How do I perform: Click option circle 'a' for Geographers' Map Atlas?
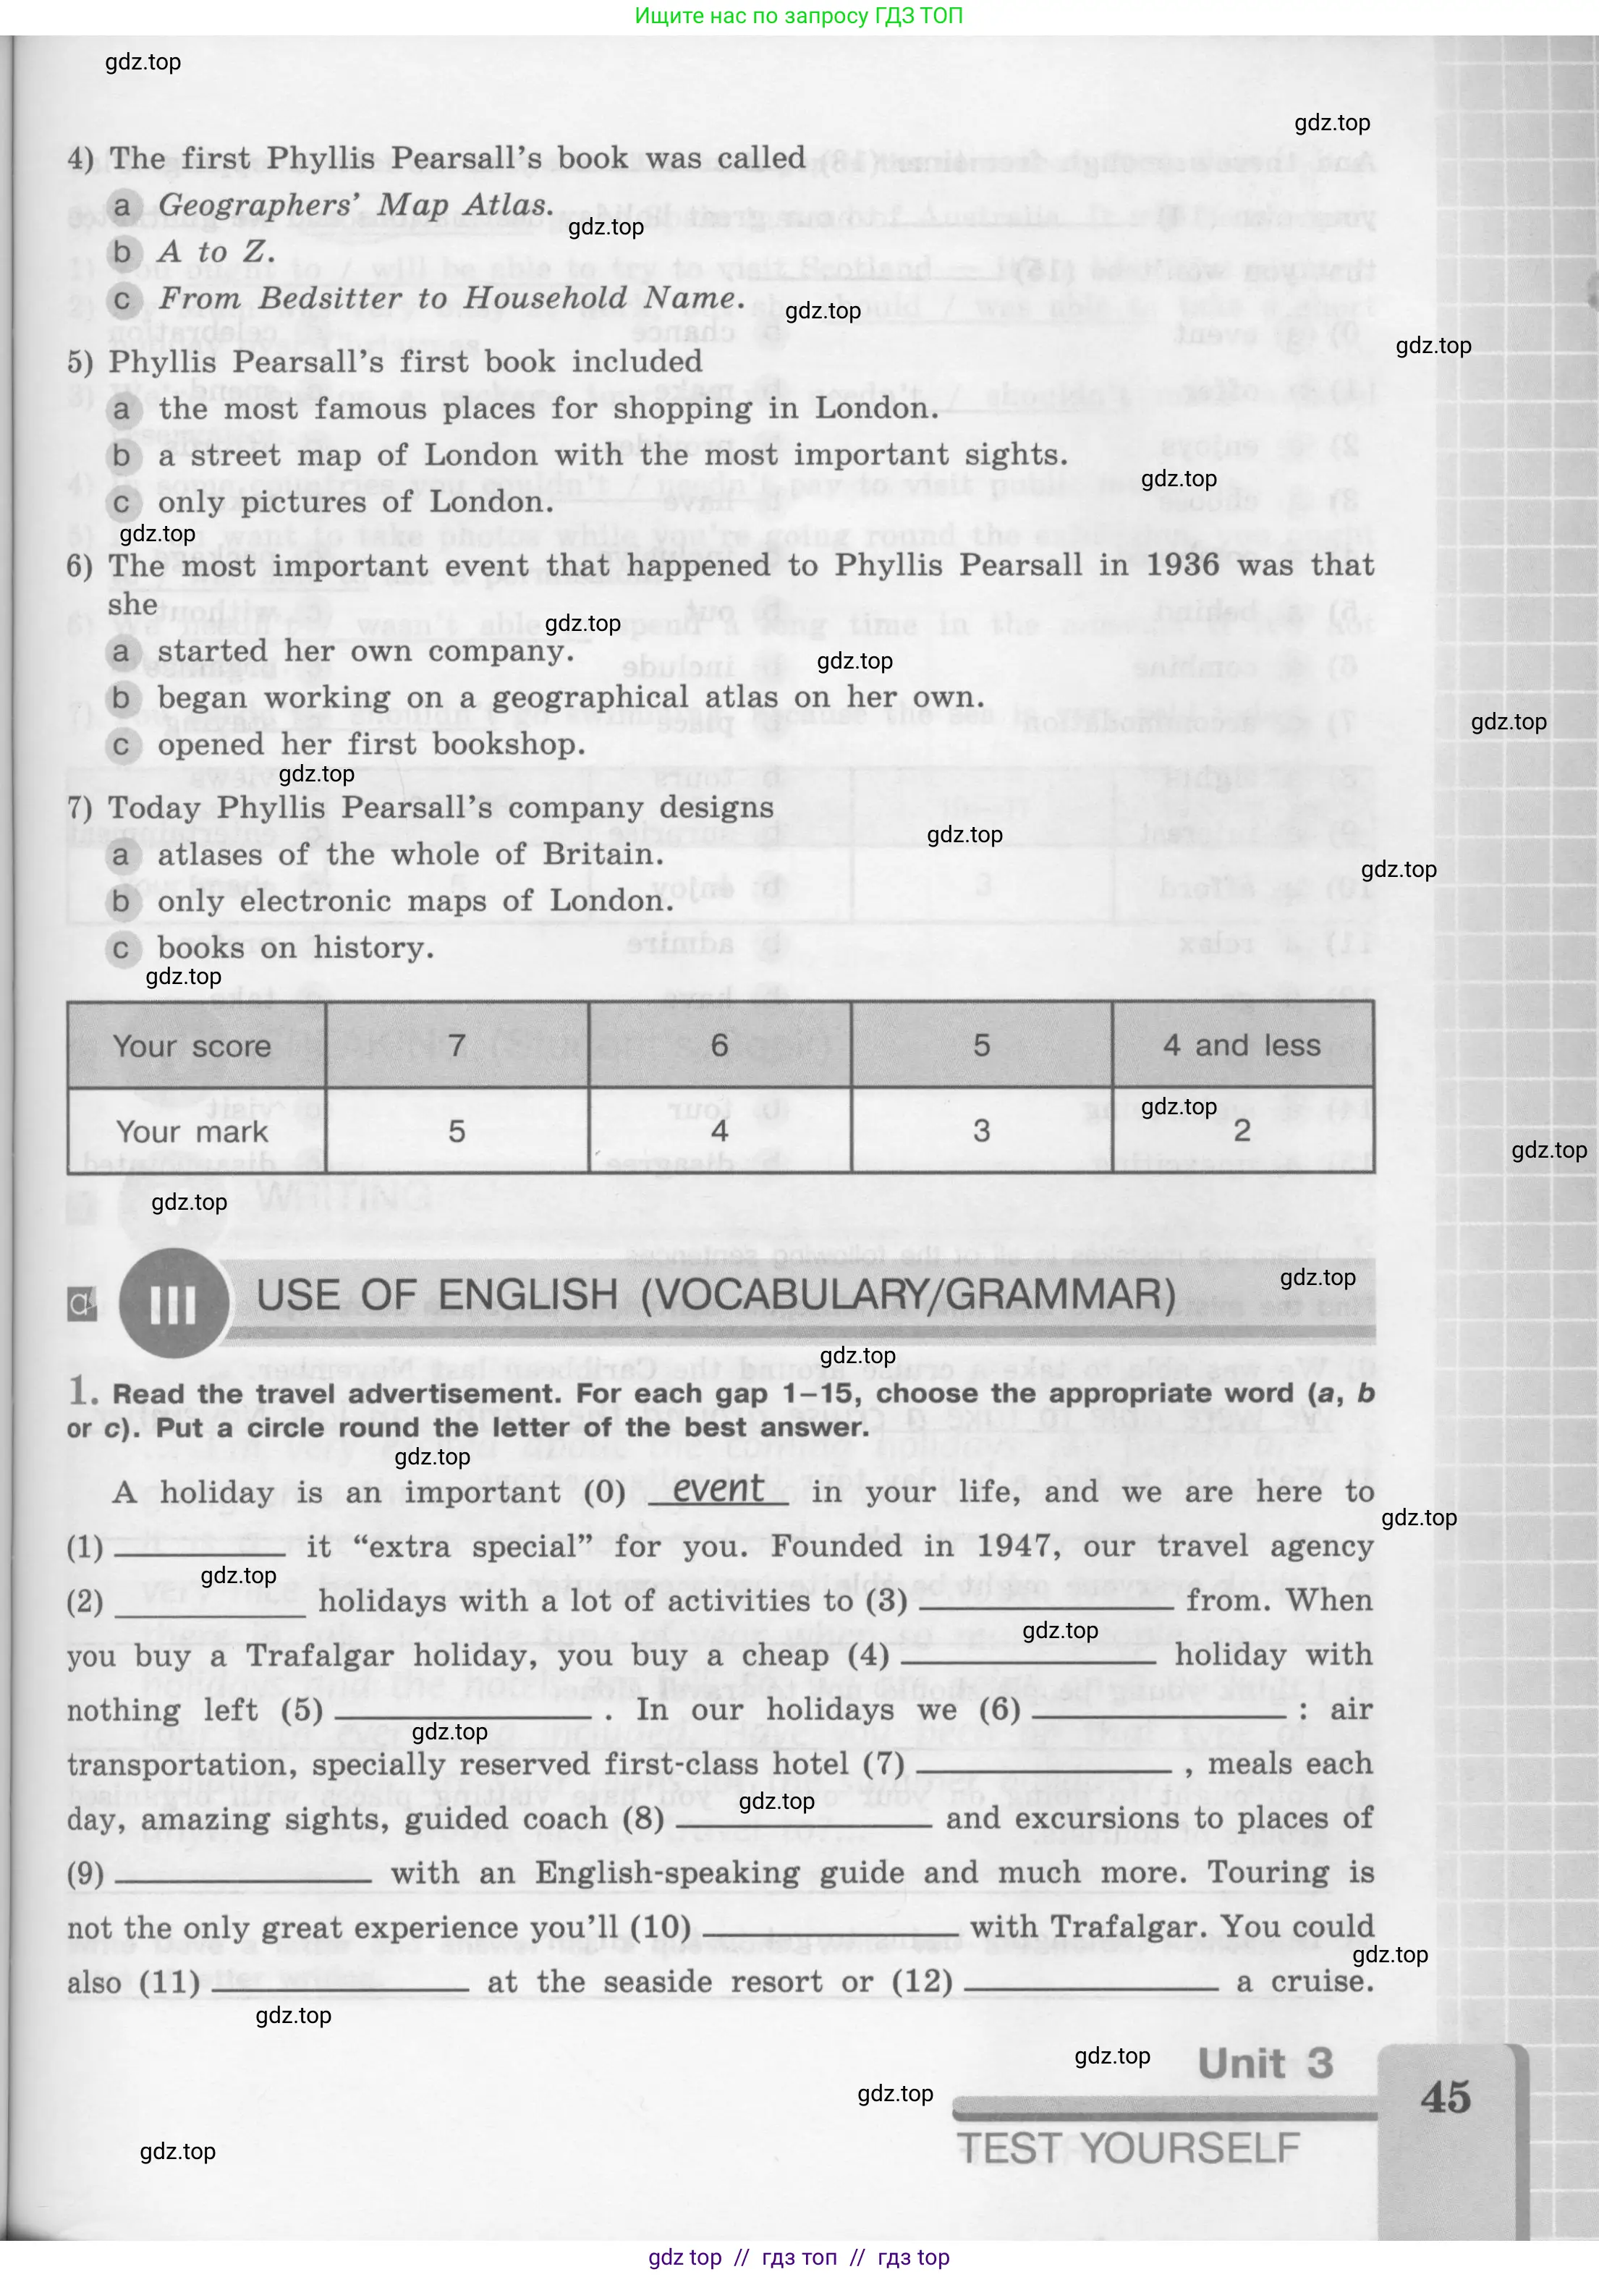click(122, 205)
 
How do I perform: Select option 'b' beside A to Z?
click(122, 252)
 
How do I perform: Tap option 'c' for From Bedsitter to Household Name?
click(122, 300)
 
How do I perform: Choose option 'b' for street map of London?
click(122, 456)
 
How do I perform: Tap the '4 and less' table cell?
click(1242, 1046)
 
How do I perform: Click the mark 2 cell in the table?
click(1242, 1131)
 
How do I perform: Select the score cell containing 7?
click(457, 1046)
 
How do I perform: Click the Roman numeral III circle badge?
click(174, 1303)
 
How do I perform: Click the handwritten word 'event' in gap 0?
click(718, 1490)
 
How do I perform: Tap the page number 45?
click(1446, 2098)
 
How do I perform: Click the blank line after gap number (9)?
click(243, 1875)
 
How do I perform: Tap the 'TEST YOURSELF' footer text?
click(1128, 2148)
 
